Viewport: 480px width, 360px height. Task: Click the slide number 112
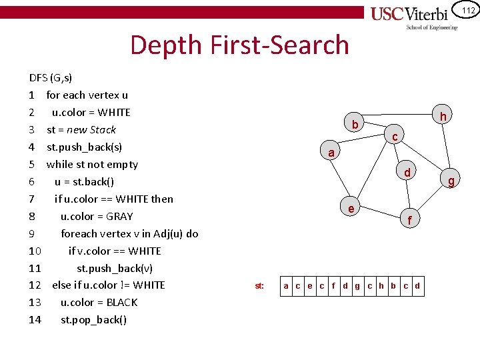467,10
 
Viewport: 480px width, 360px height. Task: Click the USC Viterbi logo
414,17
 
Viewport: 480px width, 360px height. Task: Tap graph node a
331,152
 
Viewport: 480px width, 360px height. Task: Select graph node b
355,124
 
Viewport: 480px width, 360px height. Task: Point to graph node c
395,137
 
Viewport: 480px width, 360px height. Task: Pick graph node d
407,173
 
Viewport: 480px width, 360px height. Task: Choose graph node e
351,208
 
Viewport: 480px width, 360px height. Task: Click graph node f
410,219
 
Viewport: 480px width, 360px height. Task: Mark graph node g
451,181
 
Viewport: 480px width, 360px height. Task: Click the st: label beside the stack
259,286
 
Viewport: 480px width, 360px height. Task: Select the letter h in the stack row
381,286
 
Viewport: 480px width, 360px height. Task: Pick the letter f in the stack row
333,286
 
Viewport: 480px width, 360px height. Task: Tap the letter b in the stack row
393,286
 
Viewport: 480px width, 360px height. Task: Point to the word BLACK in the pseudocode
120,302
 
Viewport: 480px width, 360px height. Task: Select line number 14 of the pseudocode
35,319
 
